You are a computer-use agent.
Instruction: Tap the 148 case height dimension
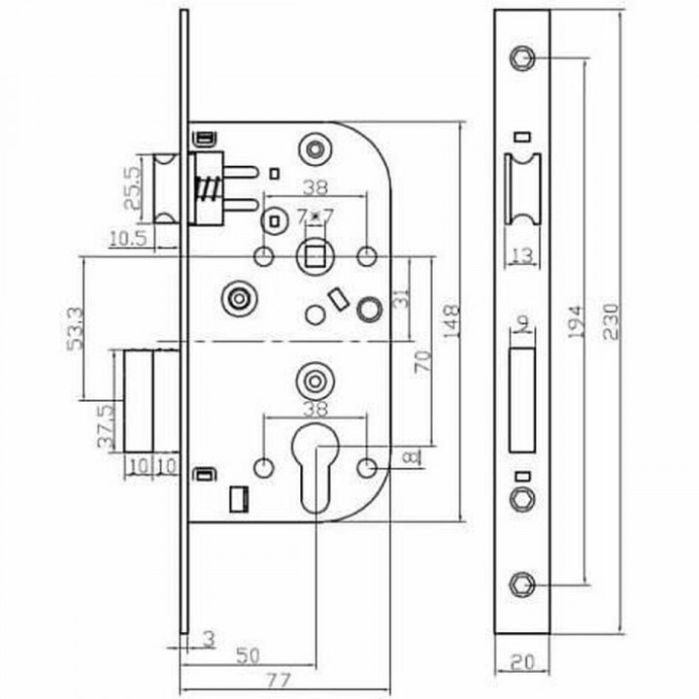tap(449, 321)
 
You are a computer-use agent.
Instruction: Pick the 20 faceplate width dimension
tap(521, 663)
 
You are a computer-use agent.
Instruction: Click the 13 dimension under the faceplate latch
tap(521, 255)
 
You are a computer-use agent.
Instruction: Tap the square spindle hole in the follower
tap(314, 256)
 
